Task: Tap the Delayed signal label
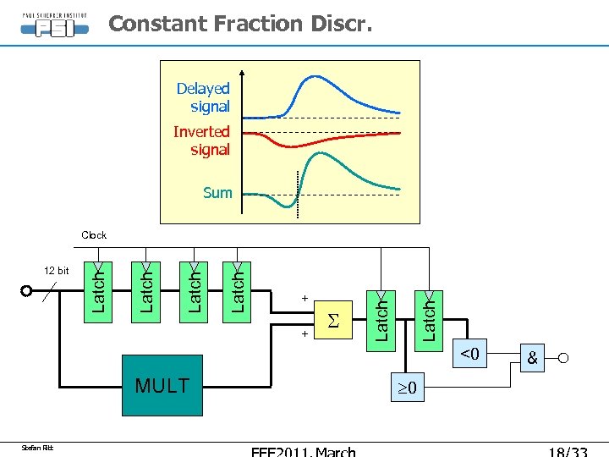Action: click(203, 97)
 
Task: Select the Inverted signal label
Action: click(201, 140)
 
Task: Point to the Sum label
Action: click(217, 193)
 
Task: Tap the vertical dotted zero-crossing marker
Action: click(298, 195)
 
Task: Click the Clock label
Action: click(94, 235)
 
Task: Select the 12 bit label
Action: click(57, 271)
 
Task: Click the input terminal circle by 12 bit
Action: click(27, 291)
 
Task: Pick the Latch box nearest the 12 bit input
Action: click(99, 290)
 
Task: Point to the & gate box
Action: click(532, 358)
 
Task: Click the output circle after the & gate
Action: click(562, 358)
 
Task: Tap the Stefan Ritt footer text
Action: click(37, 447)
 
